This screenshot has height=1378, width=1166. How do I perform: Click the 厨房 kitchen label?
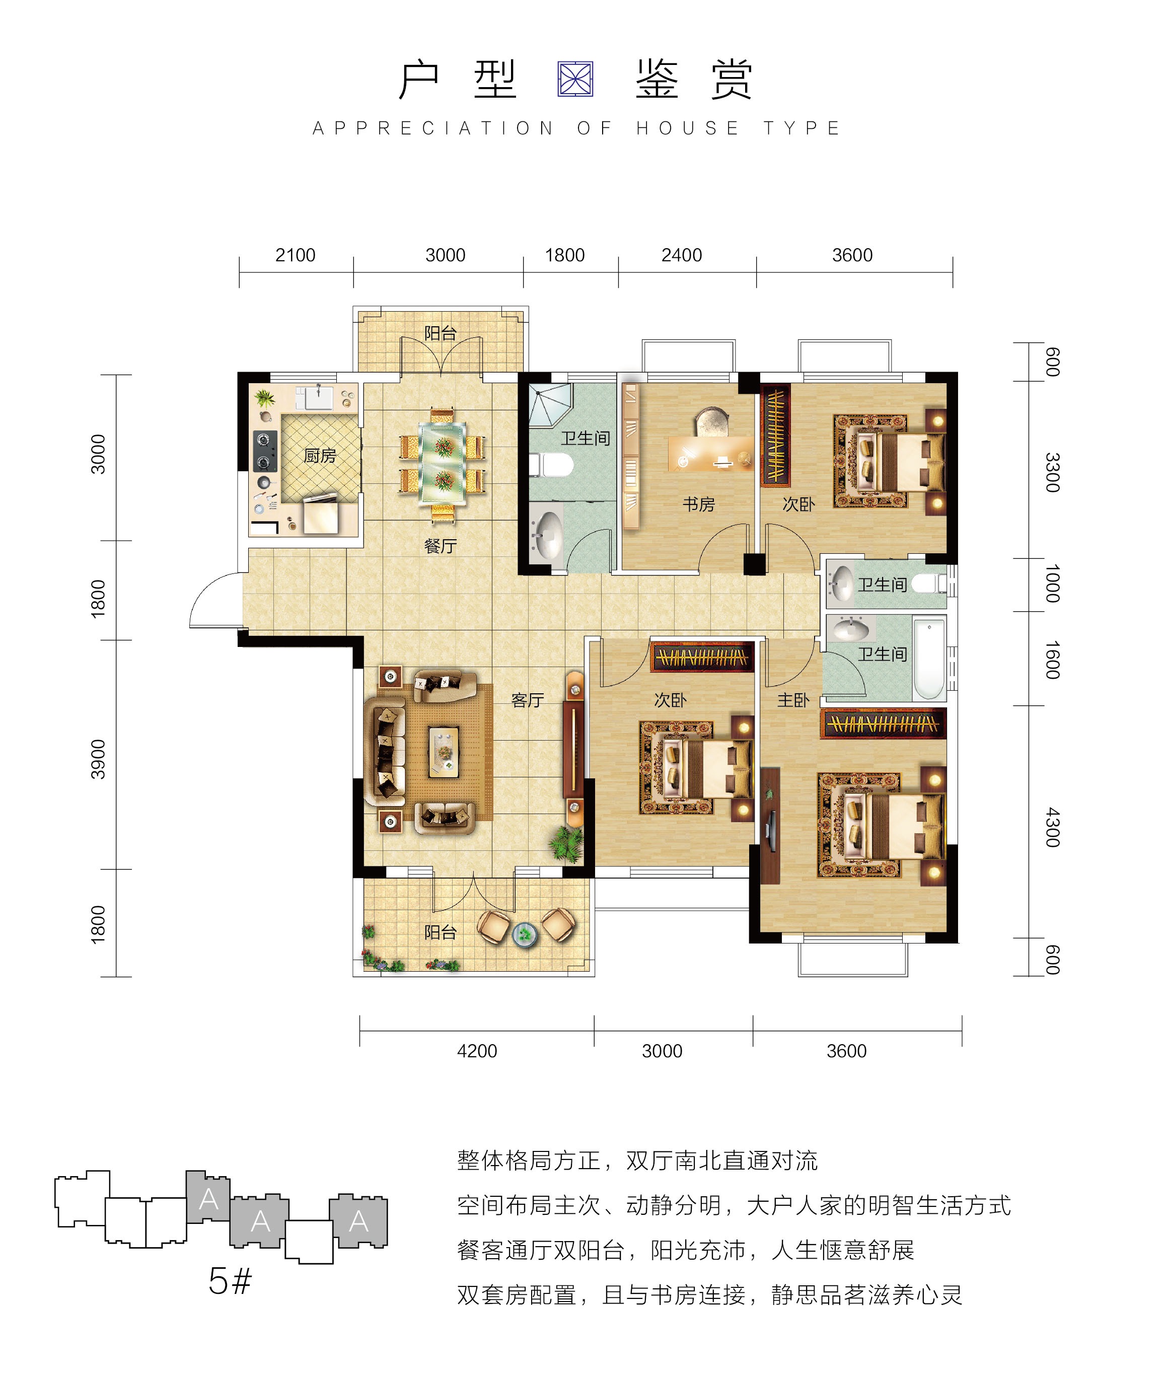[x=320, y=456]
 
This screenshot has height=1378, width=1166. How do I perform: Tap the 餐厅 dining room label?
[x=440, y=546]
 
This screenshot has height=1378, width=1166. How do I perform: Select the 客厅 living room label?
[x=528, y=700]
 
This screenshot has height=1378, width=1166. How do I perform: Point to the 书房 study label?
[x=699, y=504]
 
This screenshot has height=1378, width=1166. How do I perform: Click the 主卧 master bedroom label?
[x=793, y=700]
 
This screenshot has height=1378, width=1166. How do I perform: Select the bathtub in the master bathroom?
[x=929, y=658]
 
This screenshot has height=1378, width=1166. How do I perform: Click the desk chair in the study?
[x=710, y=421]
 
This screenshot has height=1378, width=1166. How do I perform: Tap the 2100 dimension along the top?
[x=296, y=255]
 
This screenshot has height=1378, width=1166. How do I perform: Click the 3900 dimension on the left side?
[x=98, y=759]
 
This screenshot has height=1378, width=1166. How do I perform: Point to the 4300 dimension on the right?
[x=1053, y=828]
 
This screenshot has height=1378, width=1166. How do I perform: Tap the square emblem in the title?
[x=576, y=80]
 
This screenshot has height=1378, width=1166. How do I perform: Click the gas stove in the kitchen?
[x=265, y=452]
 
